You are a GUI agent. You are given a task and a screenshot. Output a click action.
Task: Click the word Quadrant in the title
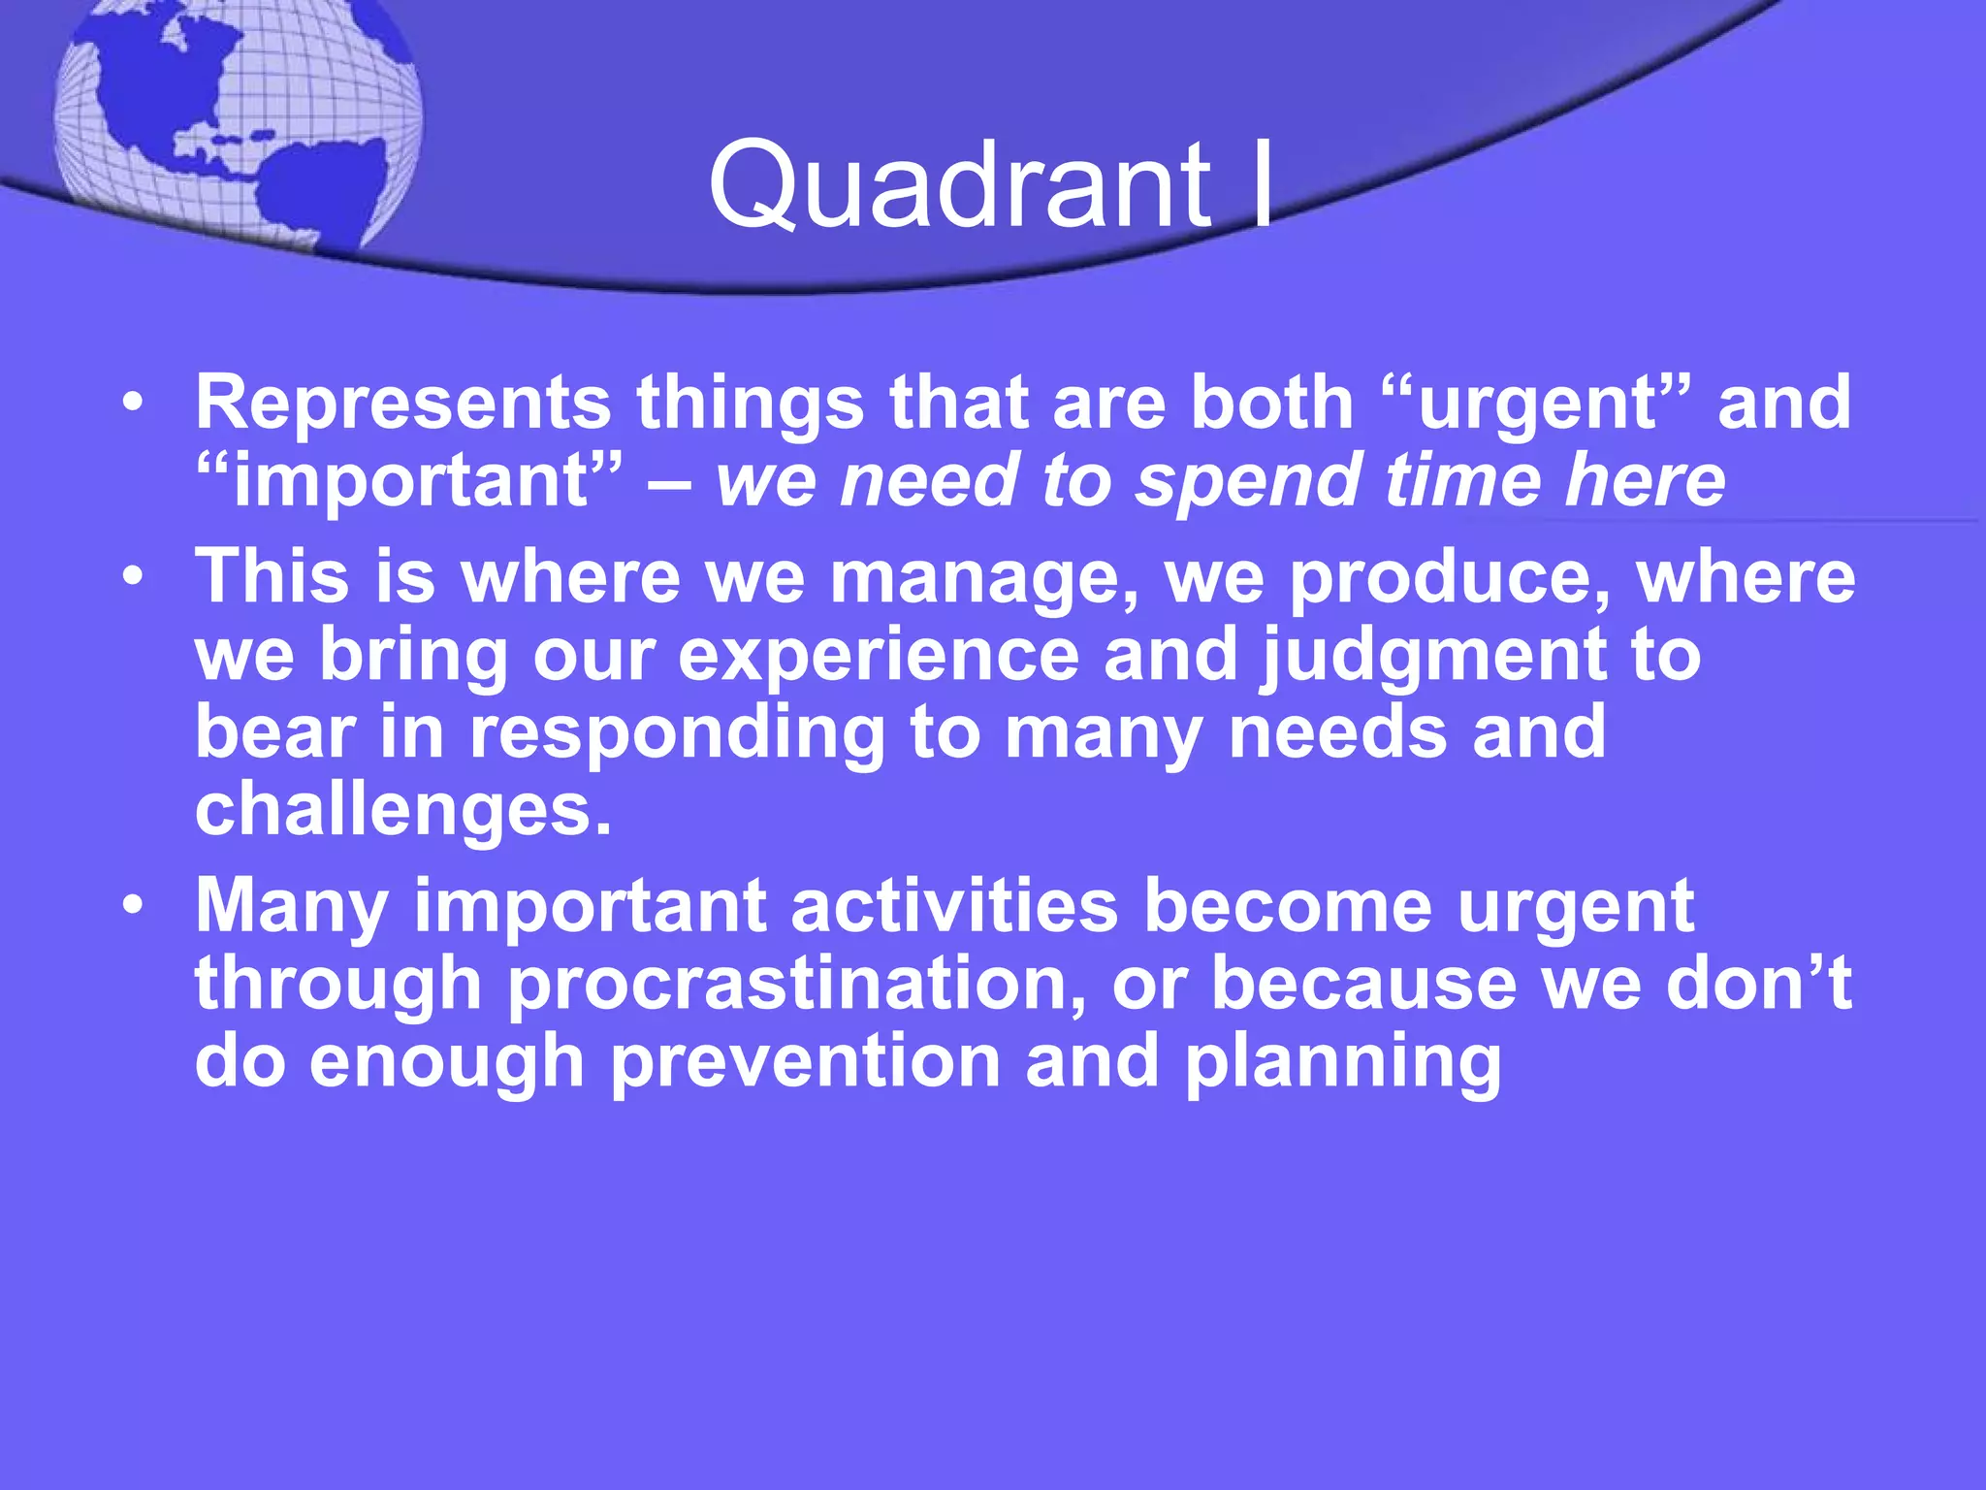(960, 184)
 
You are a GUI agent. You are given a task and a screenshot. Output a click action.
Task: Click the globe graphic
(238, 121)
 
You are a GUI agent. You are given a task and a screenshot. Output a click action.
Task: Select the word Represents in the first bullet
(403, 402)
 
